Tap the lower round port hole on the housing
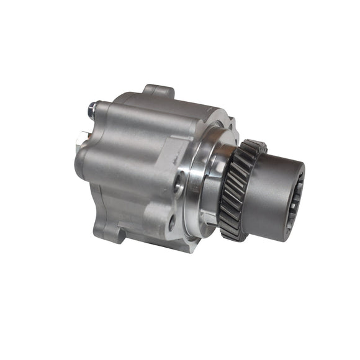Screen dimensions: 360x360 172,225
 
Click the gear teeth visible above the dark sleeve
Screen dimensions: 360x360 251,150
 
